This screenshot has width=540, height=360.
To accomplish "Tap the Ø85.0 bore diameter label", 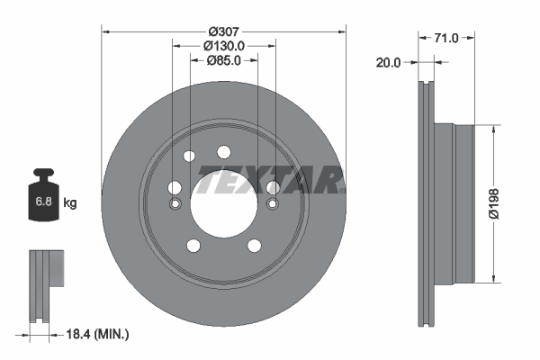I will pos(224,62).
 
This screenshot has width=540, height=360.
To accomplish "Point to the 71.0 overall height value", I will pos(446,39).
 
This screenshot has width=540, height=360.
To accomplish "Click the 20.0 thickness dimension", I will pos(389,63).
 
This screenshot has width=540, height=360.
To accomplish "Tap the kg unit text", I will pos(70,203).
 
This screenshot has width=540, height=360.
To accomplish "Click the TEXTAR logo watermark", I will pos(270,180).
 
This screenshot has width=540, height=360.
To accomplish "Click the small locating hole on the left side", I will pos(175,203).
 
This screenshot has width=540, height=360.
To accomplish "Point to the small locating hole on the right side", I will pos(272,203).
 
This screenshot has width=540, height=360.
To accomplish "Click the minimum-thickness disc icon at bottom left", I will pos(45,284).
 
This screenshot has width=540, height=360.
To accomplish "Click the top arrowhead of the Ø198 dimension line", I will pos(492,129).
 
